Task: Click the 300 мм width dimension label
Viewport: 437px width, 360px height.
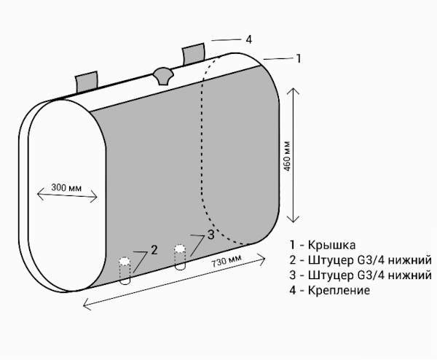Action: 66,187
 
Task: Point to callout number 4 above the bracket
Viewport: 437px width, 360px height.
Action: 249,39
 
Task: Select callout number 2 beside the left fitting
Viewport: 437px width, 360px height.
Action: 154,249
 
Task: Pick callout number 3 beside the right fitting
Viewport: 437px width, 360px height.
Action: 210,234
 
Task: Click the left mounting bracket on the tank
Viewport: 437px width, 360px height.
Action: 86,82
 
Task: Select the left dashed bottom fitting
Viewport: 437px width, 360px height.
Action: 125,269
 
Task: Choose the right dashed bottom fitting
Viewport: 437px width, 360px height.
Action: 181,257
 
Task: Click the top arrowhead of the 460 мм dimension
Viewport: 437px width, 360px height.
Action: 293,89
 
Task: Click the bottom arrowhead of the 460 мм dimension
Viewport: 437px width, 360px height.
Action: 293,222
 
